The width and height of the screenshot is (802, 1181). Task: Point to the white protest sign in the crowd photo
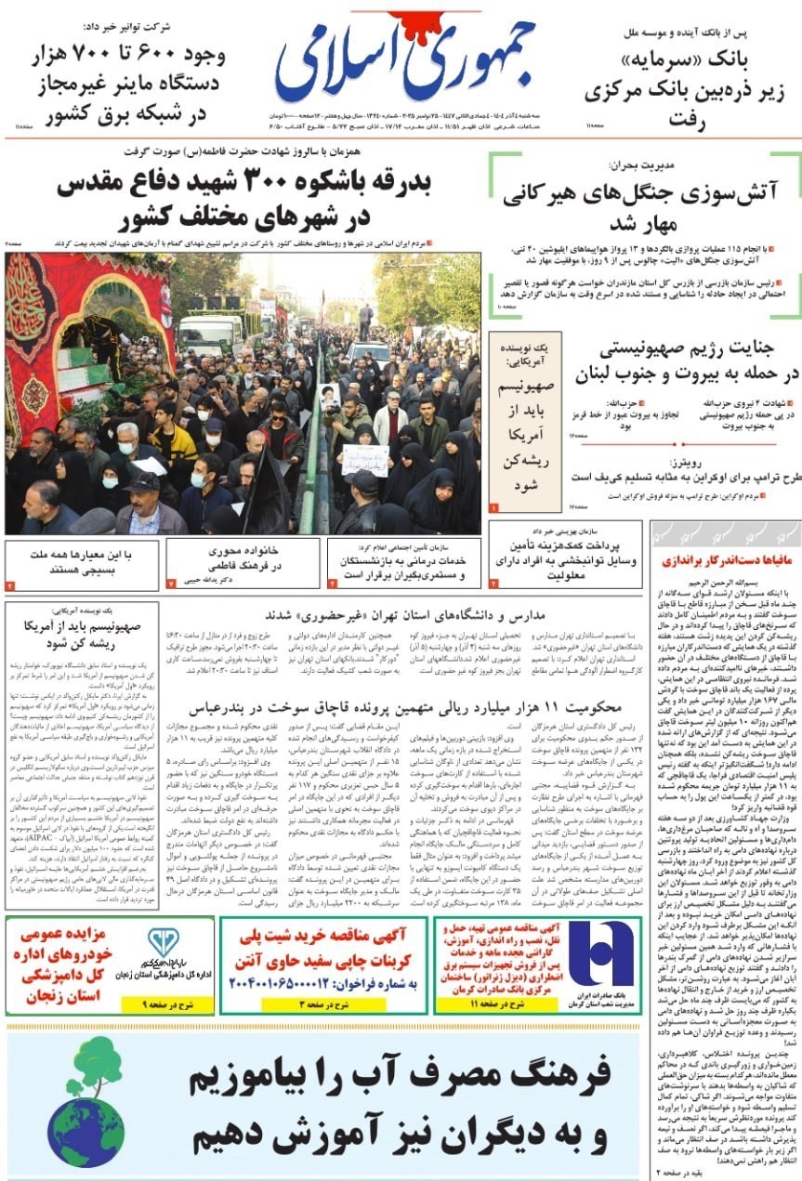pyautogui.click(x=364, y=458)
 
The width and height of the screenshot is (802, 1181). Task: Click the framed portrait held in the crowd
pyautogui.click(x=330, y=397)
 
